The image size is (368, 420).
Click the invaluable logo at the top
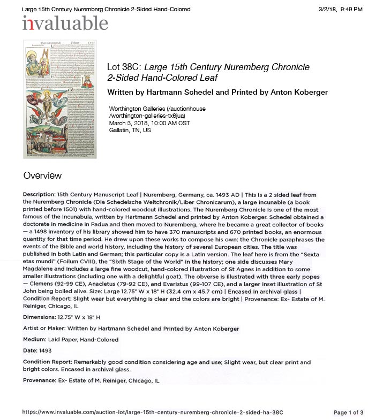point(65,24)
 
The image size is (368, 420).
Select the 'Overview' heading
point(42,175)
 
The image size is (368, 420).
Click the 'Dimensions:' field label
point(40,317)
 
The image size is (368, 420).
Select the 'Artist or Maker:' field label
point(47,329)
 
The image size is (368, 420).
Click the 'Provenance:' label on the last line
point(39,380)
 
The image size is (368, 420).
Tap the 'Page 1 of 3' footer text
point(348,413)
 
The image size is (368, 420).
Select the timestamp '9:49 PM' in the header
point(351,10)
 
